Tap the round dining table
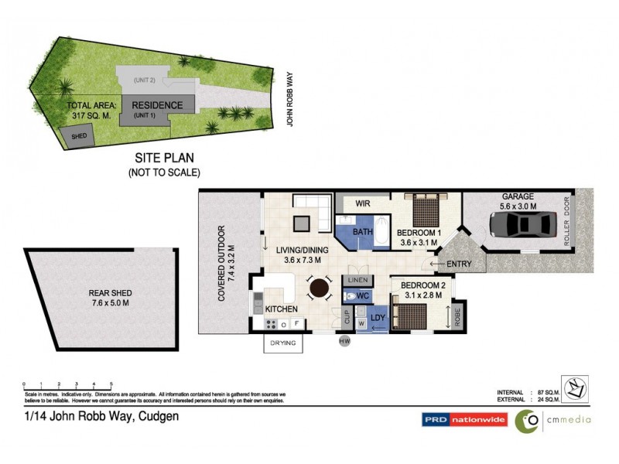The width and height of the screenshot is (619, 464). (x=319, y=288)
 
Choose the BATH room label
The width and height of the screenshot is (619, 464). (x=363, y=231)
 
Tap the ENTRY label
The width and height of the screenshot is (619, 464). (x=460, y=264)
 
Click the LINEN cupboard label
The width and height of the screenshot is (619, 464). (x=356, y=279)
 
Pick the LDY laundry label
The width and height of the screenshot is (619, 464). (x=378, y=318)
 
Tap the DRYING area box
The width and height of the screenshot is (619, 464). (x=282, y=342)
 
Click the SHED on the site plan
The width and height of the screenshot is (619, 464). (x=78, y=137)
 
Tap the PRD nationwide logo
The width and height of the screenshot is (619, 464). (x=464, y=420)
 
